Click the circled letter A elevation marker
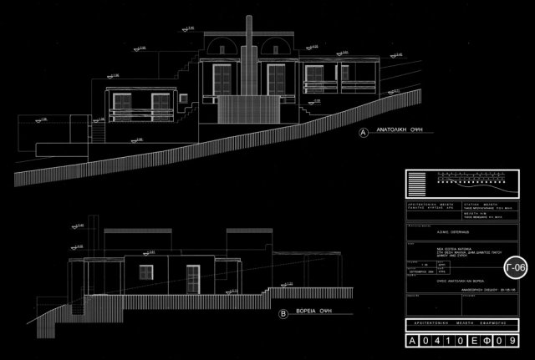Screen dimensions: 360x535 (363, 133)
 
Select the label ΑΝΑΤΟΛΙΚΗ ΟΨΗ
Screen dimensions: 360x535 (403, 133)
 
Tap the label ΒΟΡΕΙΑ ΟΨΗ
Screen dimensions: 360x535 (317, 316)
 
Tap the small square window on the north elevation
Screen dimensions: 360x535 (148, 272)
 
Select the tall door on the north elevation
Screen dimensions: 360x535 (192, 278)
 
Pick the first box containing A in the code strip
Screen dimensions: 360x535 (411, 342)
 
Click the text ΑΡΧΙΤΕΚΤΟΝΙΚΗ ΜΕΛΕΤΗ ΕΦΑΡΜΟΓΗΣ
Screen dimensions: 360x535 (464, 323)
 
